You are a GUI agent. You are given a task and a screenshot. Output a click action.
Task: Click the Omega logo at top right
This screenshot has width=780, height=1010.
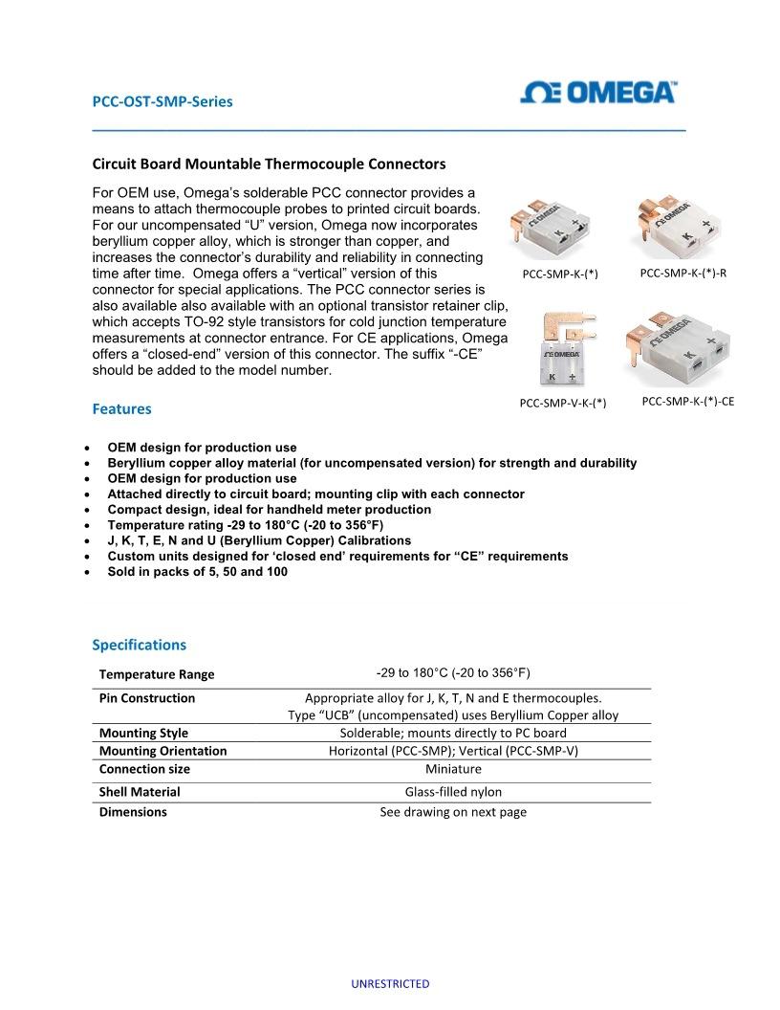click(x=598, y=93)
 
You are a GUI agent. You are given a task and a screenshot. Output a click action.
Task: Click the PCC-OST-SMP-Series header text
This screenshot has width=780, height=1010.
click(x=162, y=101)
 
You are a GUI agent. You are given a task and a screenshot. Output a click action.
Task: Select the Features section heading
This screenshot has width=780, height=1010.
click(x=121, y=409)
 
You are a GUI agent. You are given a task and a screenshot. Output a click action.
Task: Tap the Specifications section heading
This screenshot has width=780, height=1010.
click(x=139, y=645)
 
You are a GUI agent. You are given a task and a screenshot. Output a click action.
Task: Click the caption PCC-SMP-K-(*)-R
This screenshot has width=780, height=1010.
click(x=682, y=274)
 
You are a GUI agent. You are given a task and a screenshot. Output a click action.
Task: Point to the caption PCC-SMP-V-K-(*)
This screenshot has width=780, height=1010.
click(x=563, y=403)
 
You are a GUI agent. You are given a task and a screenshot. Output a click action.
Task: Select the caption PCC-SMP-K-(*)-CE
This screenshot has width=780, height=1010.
click(x=688, y=402)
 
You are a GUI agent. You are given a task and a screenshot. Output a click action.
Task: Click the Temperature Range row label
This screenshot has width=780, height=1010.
click(x=157, y=674)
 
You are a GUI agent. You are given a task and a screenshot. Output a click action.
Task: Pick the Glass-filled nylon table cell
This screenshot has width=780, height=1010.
click(x=453, y=792)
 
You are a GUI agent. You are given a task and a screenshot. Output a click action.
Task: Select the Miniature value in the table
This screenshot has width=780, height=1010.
click(x=453, y=769)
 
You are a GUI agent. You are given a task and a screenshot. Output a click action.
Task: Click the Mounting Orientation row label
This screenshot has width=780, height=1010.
click(x=162, y=751)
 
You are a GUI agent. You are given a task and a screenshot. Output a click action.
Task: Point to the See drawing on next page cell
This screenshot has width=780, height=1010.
click(x=453, y=812)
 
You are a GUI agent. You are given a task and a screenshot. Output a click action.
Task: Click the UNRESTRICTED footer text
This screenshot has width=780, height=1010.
click(x=390, y=983)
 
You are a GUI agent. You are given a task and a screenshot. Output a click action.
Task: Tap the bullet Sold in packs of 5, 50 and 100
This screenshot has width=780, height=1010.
click(x=197, y=572)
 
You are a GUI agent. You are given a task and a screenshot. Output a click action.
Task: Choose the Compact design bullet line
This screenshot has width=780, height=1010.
click(x=269, y=510)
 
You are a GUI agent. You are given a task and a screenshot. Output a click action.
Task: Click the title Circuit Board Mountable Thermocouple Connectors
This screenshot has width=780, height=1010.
click(x=269, y=165)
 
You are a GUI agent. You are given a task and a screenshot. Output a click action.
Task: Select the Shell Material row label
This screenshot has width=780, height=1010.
click(x=140, y=792)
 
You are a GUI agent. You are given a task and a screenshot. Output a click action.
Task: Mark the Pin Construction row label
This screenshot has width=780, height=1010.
click(x=146, y=698)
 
